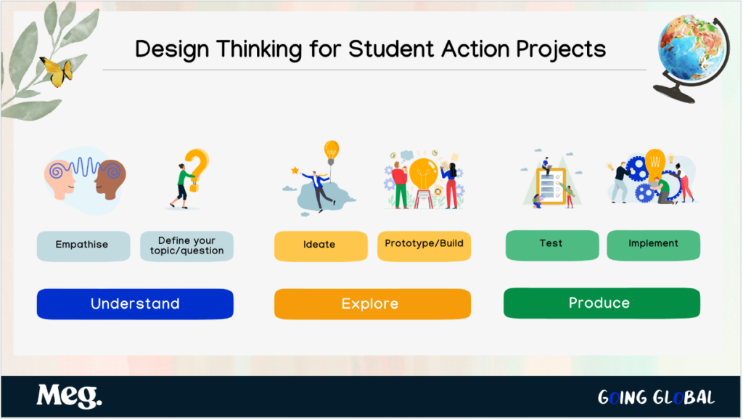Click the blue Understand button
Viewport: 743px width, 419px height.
(x=135, y=304)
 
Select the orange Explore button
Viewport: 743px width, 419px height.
(x=372, y=304)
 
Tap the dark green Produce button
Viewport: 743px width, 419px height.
(x=602, y=303)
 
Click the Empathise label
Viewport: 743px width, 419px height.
(x=83, y=246)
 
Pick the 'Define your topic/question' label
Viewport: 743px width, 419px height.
(x=186, y=246)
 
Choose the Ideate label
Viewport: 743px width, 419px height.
(x=321, y=246)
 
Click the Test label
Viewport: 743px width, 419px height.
(x=552, y=245)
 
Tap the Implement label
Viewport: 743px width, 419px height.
(x=654, y=245)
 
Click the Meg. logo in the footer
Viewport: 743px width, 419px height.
(x=69, y=396)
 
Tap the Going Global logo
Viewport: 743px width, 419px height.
(x=656, y=397)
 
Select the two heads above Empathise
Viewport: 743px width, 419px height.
(x=86, y=179)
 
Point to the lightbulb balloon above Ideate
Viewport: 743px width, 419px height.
(x=331, y=151)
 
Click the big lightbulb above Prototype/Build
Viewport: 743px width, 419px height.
(x=424, y=174)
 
